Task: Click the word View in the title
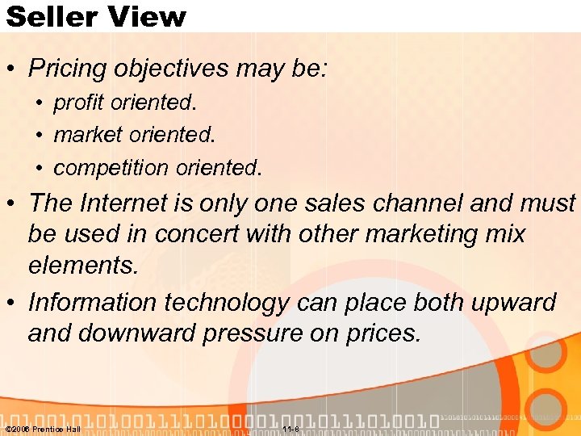146,16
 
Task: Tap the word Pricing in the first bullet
67,69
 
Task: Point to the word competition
109,167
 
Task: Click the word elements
83,266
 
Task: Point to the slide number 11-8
291,429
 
